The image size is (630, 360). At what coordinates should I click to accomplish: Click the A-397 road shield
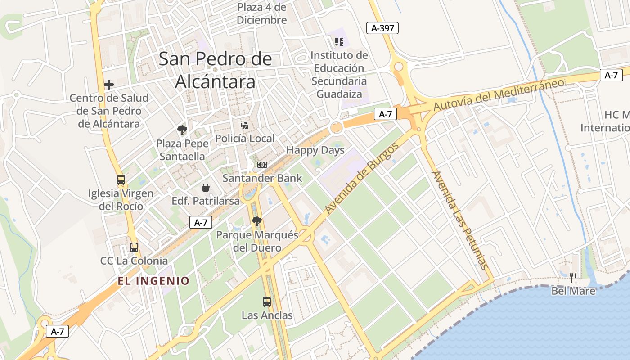[x=382, y=28]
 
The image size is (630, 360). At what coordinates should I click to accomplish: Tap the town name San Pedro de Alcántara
[x=215, y=70]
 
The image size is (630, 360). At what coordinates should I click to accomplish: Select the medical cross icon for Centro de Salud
[x=108, y=85]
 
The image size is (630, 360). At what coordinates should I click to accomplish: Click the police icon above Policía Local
[x=244, y=125]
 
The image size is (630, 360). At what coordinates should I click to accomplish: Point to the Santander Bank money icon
[x=262, y=165]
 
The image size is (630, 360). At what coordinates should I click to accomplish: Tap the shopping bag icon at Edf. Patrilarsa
[x=206, y=187]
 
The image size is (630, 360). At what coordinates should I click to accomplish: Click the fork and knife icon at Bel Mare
[x=573, y=277]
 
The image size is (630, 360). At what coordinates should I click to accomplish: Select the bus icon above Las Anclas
[x=267, y=301]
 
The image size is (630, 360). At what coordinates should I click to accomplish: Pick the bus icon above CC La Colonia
[x=134, y=247]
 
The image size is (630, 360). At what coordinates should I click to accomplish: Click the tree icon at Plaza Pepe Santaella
[x=182, y=130]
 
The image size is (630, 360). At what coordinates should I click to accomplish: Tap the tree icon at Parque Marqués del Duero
[x=257, y=221]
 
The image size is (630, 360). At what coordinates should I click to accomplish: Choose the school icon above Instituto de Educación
[x=339, y=42]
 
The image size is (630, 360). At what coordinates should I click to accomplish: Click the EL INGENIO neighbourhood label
[x=153, y=281]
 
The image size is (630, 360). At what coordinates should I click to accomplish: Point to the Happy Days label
[x=315, y=150]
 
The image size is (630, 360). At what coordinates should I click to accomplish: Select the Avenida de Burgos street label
[x=362, y=179]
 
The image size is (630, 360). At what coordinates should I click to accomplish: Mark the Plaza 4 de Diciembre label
[x=261, y=13]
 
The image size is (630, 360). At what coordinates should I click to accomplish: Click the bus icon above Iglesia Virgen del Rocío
[x=121, y=180]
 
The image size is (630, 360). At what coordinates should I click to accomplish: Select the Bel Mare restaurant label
[x=573, y=291]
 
